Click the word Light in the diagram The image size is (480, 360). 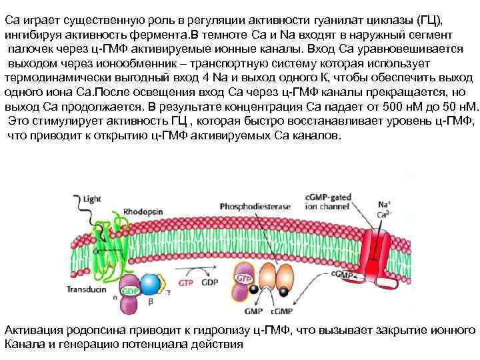pyautogui.click(x=92, y=198)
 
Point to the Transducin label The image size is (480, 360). pyautogui.click(x=85, y=289)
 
